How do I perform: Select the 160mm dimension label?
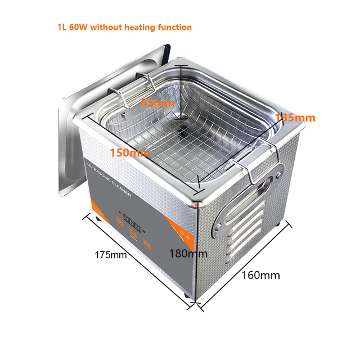click(x=260, y=276)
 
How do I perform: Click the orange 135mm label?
click(x=295, y=118)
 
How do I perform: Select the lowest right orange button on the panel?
click(x=147, y=244)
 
